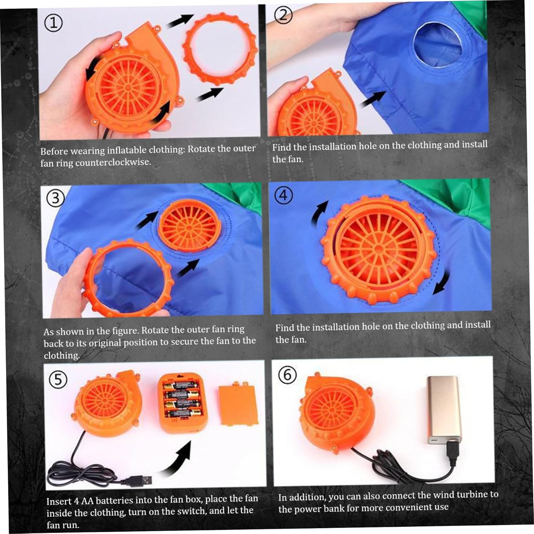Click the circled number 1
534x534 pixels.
tap(53, 23)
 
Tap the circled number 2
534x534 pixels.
tap(283, 15)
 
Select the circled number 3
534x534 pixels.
tap(56, 198)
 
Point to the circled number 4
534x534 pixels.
tap(284, 195)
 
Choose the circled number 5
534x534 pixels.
tap(58, 380)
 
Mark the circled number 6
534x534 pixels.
tap(287, 375)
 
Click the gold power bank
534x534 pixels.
tap(445, 409)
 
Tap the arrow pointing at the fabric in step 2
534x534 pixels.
tap(373, 99)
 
